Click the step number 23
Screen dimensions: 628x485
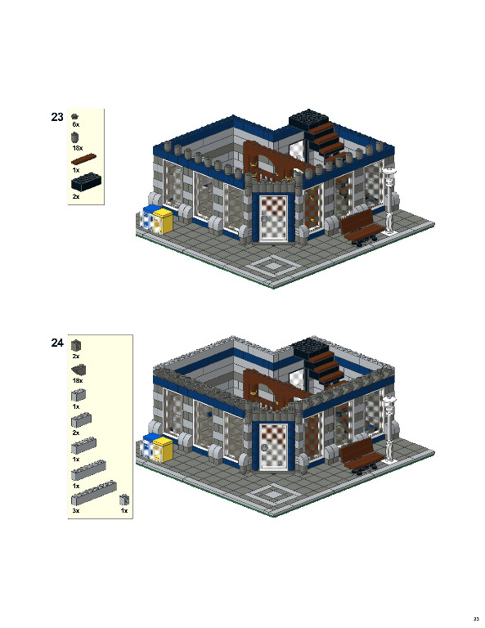[57, 118]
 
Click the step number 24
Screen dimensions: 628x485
[57, 343]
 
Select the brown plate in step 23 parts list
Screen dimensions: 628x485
[84, 159]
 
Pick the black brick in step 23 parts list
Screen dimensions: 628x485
[86, 183]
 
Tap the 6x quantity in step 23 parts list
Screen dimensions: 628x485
[75, 125]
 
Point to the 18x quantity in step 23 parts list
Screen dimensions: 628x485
[77, 148]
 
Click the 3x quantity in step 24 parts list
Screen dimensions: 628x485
[76, 510]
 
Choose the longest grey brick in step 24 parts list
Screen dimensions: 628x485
[93, 493]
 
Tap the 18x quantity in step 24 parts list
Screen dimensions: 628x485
[78, 380]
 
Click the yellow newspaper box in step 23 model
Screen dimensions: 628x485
[164, 222]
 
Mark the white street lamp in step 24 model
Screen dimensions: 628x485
[389, 428]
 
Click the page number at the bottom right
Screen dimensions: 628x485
[475, 617]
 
